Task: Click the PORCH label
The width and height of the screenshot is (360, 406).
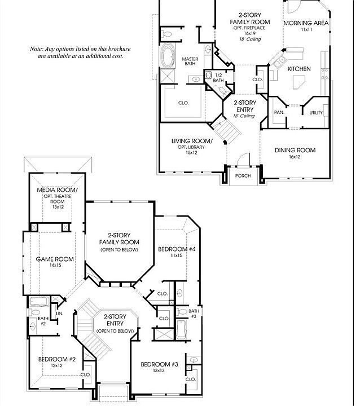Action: point(243,176)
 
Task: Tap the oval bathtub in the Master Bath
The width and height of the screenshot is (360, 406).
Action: point(168,55)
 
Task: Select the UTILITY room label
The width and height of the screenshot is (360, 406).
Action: point(316,113)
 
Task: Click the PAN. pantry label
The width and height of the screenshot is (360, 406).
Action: point(279,113)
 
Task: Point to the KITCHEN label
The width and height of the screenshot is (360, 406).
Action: point(299,69)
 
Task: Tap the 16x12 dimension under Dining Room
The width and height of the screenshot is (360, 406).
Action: point(295,157)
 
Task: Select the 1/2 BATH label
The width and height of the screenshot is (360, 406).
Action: point(218,78)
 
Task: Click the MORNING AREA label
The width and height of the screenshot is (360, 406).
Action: point(306,23)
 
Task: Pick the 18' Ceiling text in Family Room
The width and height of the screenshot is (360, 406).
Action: point(250,39)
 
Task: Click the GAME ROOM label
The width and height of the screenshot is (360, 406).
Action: point(55,259)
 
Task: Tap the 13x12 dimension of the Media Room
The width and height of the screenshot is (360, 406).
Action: point(58,207)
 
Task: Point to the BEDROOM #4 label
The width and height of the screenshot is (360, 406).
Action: point(177,249)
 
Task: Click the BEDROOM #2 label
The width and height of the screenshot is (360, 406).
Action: point(57,359)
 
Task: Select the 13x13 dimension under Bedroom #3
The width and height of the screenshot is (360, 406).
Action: point(159,370)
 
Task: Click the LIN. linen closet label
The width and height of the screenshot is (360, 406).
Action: point(60,314)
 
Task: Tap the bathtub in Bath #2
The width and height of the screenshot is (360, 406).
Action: point(39,302)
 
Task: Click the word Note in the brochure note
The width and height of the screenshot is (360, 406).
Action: point(37,49)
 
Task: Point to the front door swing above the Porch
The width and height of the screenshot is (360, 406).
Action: point(244,158)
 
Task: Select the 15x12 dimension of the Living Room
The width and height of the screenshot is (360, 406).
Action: point(191,153)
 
